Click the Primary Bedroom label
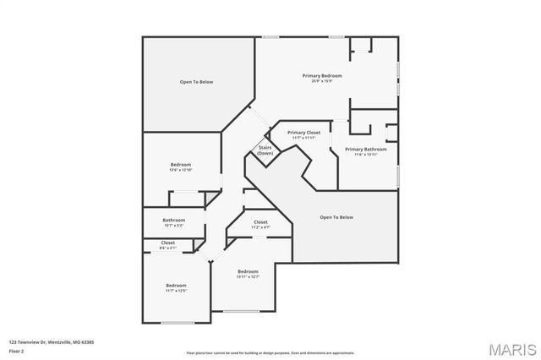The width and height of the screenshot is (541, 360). pyautogui.click(x=322, y=76)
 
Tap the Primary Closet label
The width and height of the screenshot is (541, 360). pyautogui.click(x=303, y=133)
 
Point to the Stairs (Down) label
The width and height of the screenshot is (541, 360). pyautogui.click(x=265, y=150)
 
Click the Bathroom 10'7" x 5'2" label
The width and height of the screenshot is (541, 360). pyautogui.click(x=175, y=220)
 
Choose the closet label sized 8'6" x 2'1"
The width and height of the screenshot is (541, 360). pyautogui.click(x=168, y=243)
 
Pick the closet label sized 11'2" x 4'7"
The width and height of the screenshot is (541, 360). pyautogui.click(x=260, y=222)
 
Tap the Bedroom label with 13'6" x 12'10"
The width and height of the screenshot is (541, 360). pyautogui.click(x=181, y=164)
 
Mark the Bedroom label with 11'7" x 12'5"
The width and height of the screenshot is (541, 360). pyautogui.click(x=176, y=285)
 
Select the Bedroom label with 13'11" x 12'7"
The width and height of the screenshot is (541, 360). pyautogui.click(x=247, y=271)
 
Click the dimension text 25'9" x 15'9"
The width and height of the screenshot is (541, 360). pyautogui.click(x=322, y=81)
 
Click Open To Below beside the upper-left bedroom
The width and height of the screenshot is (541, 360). pyautogui.click(x=196, y=82)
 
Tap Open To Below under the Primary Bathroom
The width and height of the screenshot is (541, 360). pyautogui.click(x=336, y=217)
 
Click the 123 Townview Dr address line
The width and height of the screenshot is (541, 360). pyautogui.click(x=51, y=342)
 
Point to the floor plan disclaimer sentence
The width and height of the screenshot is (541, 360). pyautogui.click(x=270, y=352)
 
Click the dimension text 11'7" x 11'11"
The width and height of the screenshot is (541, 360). pyautogui.click(x=303, y=138)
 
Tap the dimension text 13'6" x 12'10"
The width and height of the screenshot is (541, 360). pyautogui.click(x=181, y=169)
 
